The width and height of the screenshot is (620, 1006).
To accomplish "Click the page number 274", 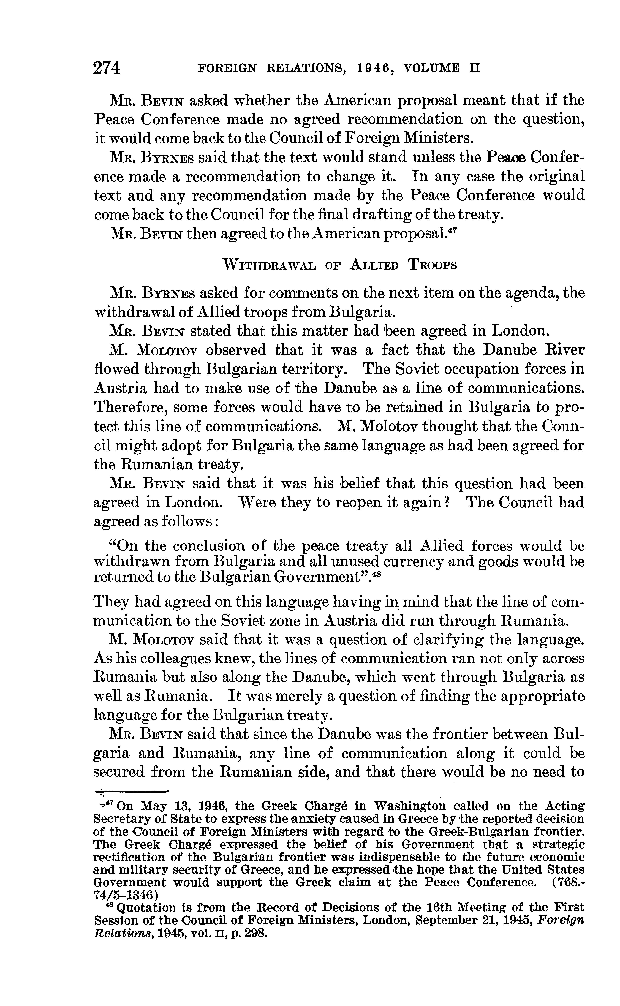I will click(107, 68).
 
